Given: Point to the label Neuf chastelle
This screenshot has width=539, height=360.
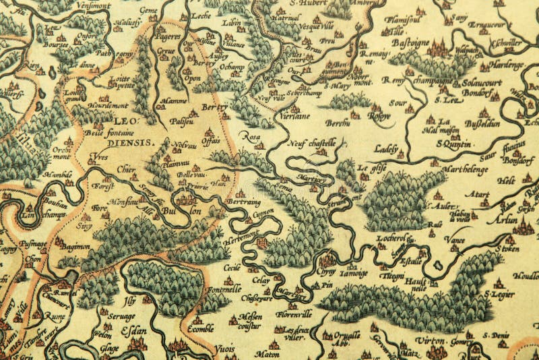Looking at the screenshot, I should tap(313, 142).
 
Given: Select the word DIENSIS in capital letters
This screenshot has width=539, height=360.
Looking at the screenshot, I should tap(132, 144).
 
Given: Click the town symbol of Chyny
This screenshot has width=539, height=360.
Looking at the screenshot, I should tap(327, 260).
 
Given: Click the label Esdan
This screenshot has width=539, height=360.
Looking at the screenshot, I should tap(133, 331).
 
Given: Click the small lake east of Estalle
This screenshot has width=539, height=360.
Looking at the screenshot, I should tap(438, 265).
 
